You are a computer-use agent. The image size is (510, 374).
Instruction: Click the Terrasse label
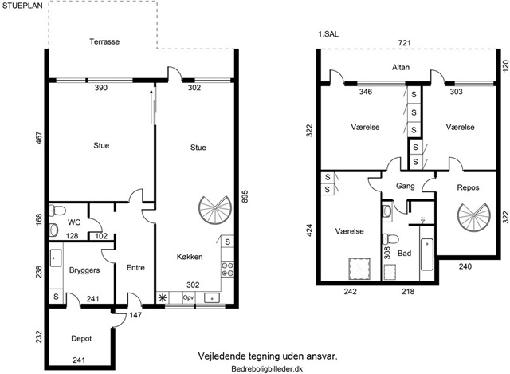pyautogui.click(x=104, y=41)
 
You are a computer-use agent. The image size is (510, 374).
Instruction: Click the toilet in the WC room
pyautogui.click(x=57, y=211)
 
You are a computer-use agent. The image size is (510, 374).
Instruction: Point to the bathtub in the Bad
pyautogui.click(x=427, y=254)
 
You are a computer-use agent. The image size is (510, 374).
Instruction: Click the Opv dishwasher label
pyautogui.click(x=188, y=297)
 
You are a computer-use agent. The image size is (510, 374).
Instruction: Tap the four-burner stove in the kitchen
pyautogui.click(x=227, y=270)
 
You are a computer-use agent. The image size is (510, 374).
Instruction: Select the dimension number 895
pyautogui.click(x=245, y=196)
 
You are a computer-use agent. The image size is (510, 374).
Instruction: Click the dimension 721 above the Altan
pyautogui.click(x=404, y=42)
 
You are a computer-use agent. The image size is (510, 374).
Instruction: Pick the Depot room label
pyautogui.click(x=81, y=339)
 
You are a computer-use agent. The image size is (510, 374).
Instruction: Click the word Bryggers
pyautogui.click(x=84, y=270)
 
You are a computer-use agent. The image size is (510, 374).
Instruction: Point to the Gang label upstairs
pyautogui.click(x=406, y=186)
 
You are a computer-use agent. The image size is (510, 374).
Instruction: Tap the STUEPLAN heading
pyautogui.click(x=22, y=6)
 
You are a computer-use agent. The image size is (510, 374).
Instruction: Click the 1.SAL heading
pyautogui.click(x=328, y=34)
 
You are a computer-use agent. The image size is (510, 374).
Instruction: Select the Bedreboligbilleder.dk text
pyautogui.click(x=268, y=368)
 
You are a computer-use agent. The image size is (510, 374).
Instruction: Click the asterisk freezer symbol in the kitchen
pyautogui.click(x=162, y=297)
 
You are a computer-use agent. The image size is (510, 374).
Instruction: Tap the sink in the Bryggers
pyautogui.click(x=56, y=258)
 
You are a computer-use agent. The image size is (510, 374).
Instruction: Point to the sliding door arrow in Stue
pyautogui.click(x=151, y=106)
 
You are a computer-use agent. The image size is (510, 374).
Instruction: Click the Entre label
pyautogui.click(x=135, y=268)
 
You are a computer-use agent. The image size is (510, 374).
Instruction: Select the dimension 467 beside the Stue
pyautogui.click(x=39, y=138)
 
